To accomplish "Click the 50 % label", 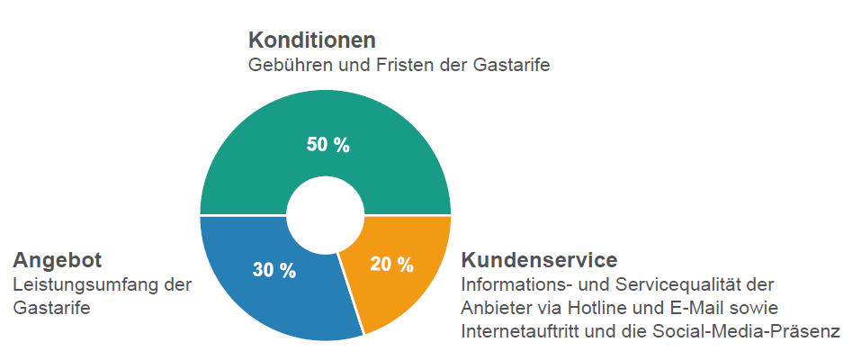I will tap(327, 145).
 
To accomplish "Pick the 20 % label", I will tap(391, 265).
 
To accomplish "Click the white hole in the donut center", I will tap(325, 215).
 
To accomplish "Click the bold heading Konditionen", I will tap(311, 40).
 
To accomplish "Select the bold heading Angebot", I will tap(57, 260).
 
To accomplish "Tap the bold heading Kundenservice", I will tap(539, 260).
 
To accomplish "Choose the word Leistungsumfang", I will tap(84, 284).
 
